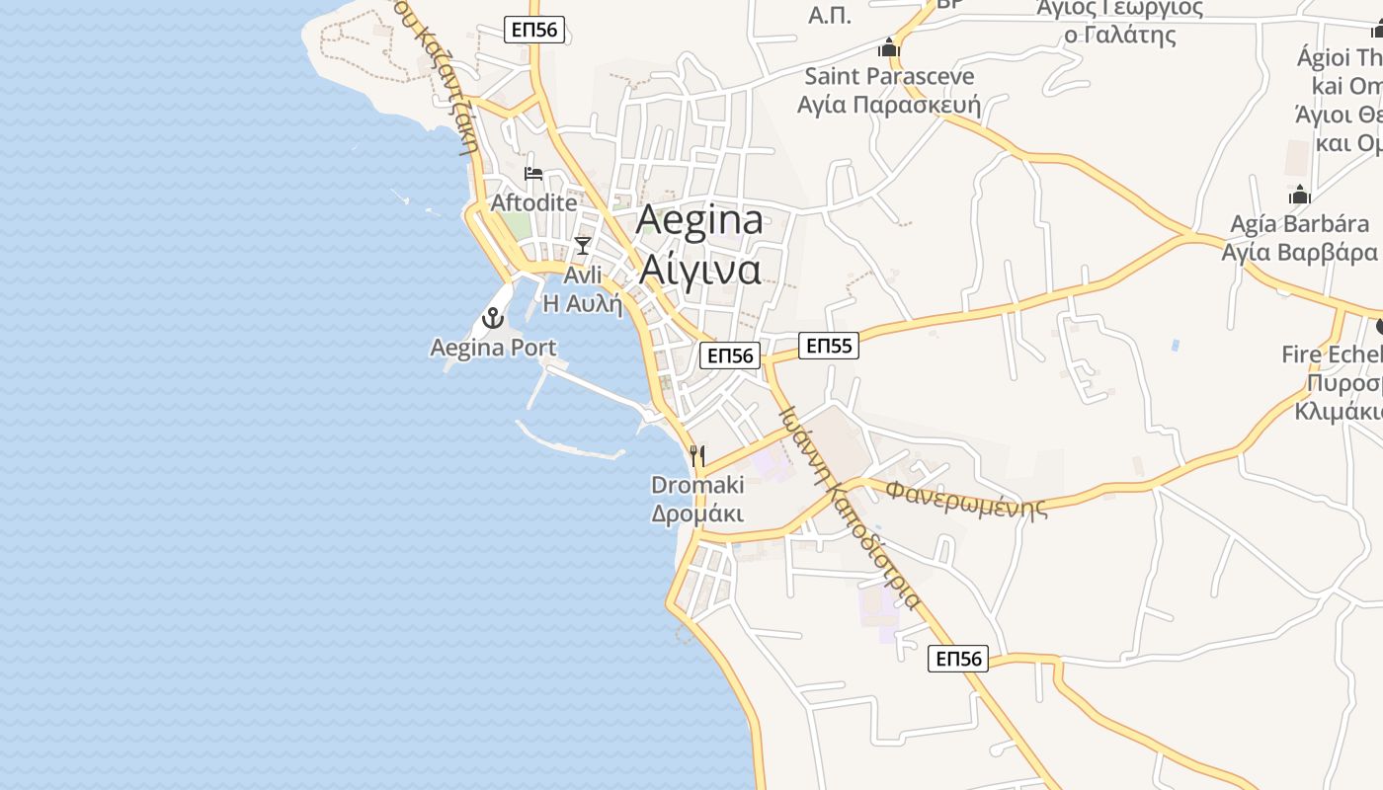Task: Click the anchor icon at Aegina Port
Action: pyautogui.click(x=491, y=318)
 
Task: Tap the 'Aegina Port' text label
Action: pyautogui.click(x=493, y=348)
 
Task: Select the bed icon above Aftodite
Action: pyautogui.click(x=533, y=174)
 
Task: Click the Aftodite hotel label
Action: pyautogui.click(x=533, y=202)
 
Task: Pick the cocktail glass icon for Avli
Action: pyautogui.click(x=583, y=245)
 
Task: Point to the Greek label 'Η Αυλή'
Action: pyautogui.click(x=583, y=303)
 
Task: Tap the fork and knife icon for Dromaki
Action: pyautogui.click(x=697, y=455)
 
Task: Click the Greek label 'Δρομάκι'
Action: pyautogui.click(x=697, y=513)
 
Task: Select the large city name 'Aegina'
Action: pyautogui.click(x=699, y=220)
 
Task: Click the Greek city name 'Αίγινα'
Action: pyautogui.click(x=699, y=269)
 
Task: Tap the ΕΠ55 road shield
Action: pyautogui.click(x=829, y=346)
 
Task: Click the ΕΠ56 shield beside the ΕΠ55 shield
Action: pyautogui.click(x=730, y=355)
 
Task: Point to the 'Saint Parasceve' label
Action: pyautogui.click(x=889, y=76)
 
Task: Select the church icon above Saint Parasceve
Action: pyautogui.click(x=889, y=47)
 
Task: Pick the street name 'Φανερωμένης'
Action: pyautogui.click(x=965, y=499)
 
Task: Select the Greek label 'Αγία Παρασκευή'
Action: pyautogui.click(x=889, y=105)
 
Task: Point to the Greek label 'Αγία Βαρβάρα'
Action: pyautogui.click(x=1299, y=252)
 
